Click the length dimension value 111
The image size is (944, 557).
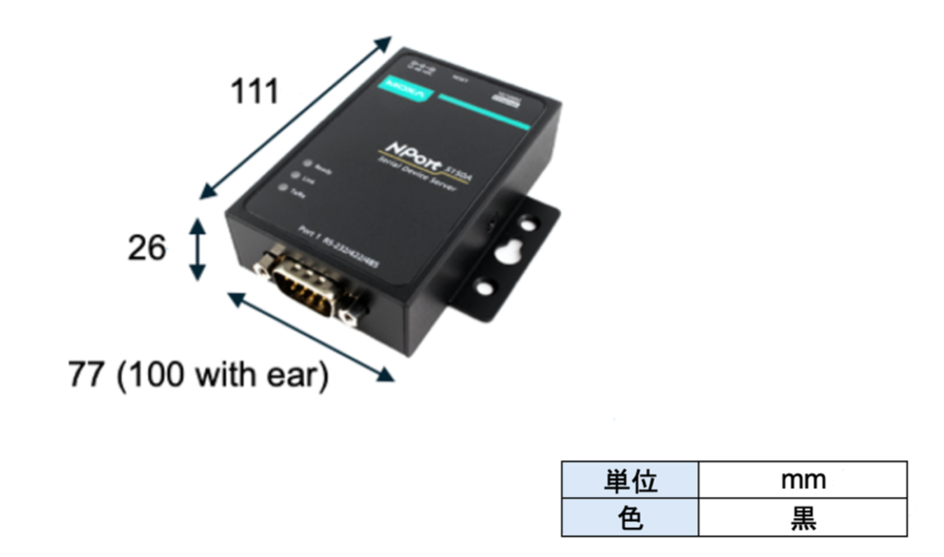pyautogui.click(x=253, y=91)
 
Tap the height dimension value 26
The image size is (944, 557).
pyautogui.click(x=147, y=249)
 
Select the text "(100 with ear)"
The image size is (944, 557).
pyautogui.click(x=223, y=376)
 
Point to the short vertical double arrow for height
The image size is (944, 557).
pyautogui.click(x=199, y=249)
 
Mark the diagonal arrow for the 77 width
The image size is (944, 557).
pyautogui.click(x=310, y=336)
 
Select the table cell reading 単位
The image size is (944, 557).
pyautogui.click(x=630, y=480)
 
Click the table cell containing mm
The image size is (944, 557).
pyautogui.click(x=803, y=480)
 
